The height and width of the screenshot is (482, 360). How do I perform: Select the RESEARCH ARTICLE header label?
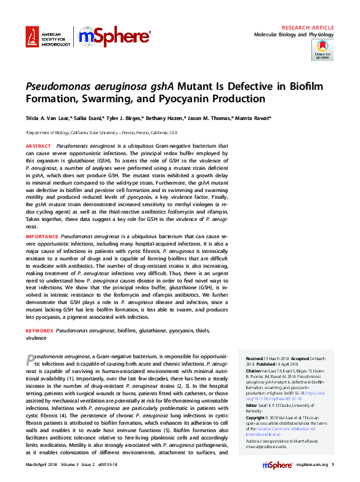click(308, 28)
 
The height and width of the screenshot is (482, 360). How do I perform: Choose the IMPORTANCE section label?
click(41, 236)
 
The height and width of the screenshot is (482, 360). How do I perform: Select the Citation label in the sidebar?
click(254, 371)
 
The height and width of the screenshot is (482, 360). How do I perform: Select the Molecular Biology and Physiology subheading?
click(294, 35)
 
